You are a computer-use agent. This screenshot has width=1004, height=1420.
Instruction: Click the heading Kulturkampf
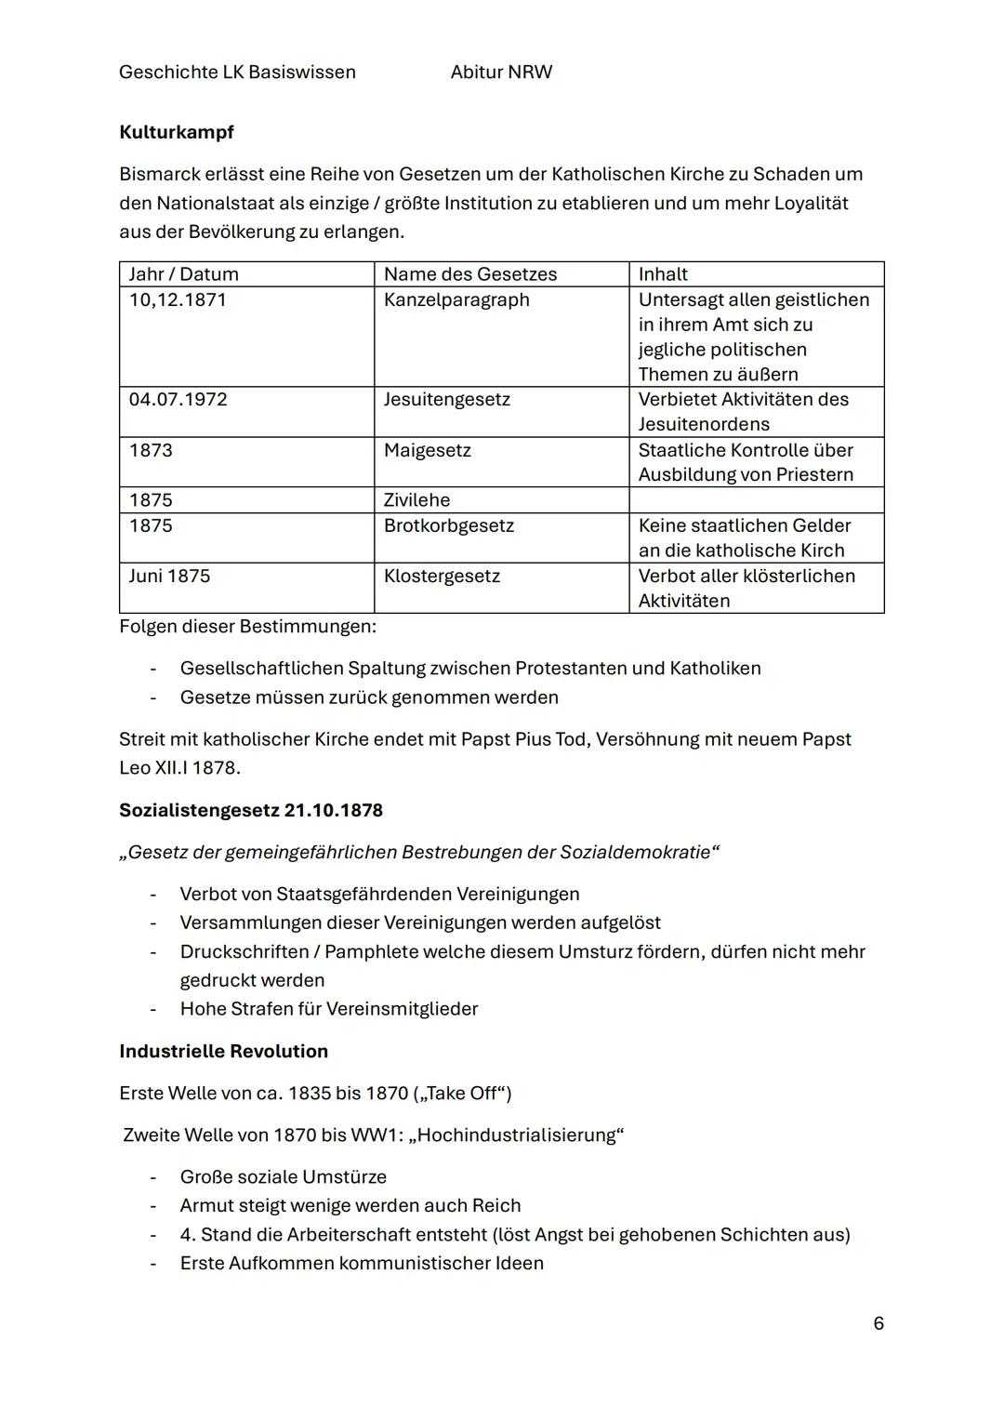177,132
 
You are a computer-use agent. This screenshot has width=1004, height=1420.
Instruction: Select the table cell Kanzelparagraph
456,299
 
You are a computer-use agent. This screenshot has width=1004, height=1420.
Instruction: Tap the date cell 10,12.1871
178,299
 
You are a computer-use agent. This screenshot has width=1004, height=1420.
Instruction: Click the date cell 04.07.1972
178,399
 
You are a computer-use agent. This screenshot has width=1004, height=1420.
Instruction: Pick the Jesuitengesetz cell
447,399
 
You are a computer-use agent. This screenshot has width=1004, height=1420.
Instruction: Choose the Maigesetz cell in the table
428,450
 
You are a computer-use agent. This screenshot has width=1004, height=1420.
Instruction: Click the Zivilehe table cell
417,499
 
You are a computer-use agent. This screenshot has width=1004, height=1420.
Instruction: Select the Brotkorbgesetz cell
449,525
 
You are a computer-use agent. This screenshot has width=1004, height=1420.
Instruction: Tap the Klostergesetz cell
442,576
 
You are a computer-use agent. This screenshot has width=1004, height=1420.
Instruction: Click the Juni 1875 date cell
169,576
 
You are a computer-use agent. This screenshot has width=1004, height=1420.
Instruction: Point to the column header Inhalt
663,273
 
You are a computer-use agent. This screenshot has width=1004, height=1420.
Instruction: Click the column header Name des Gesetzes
470,273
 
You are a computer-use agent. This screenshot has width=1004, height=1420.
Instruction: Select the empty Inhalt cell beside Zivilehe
756,499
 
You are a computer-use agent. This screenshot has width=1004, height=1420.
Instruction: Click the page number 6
878,1322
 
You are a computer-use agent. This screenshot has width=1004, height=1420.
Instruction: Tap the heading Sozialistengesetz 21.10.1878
251,810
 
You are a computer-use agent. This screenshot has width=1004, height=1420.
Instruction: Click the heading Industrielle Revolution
223,1051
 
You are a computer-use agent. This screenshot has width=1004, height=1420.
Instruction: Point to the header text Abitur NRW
501,72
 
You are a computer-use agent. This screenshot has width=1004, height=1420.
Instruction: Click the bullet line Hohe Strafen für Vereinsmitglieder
329,1008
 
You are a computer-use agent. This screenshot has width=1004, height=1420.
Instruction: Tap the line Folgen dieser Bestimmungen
247,626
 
